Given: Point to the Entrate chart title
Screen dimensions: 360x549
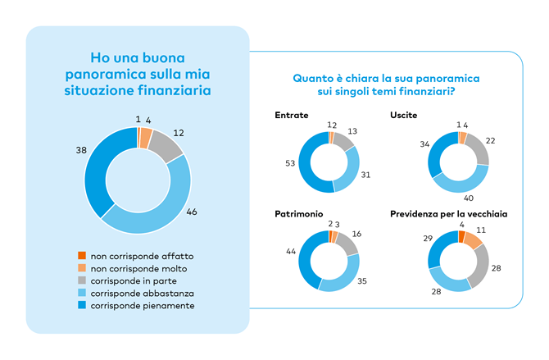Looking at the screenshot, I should pos(290,116).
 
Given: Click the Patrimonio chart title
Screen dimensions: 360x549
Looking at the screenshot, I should pos(298,214).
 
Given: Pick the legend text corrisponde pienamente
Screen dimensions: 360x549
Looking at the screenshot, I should pos(143,305).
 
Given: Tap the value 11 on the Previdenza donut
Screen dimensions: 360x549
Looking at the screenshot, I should pos(479,233).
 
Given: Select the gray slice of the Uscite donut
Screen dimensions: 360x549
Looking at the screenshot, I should pos(478,149).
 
